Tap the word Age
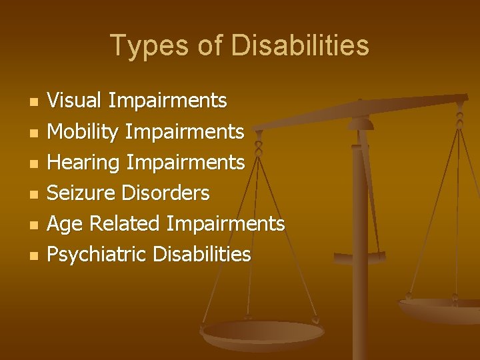(x=65, y=224)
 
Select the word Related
(x=125, y=224)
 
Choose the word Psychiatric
(x=97, y=255)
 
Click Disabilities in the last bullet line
(x=202, y=255)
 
